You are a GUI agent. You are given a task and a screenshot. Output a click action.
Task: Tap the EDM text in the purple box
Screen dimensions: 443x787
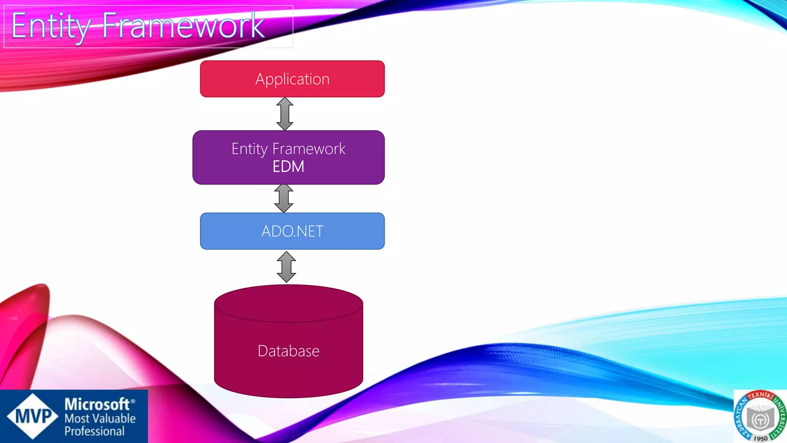tap(288, 167)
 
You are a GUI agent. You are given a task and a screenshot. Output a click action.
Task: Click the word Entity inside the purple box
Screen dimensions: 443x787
tap(249, 149)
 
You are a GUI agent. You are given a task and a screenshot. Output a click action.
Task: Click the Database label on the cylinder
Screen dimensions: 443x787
tap(288, 351)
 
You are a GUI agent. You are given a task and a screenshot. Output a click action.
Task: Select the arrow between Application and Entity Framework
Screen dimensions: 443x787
tap(285, 114)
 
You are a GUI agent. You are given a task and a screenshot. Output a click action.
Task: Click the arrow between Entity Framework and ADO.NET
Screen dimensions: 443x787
tap(284, 198)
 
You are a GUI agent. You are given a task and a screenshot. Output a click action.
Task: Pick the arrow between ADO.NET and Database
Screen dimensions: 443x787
tap(286, 267)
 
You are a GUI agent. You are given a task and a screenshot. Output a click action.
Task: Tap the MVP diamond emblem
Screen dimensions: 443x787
tap(33, 416)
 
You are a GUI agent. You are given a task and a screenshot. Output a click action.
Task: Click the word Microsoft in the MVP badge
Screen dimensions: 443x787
tap(97, 405)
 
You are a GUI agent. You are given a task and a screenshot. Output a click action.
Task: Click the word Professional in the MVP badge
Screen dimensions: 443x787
tap(95, 431)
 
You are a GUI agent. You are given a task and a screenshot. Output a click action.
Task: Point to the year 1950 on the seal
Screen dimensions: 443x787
tap(760, 438)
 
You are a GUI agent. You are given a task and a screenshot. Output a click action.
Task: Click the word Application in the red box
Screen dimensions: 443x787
tap(292, 79)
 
